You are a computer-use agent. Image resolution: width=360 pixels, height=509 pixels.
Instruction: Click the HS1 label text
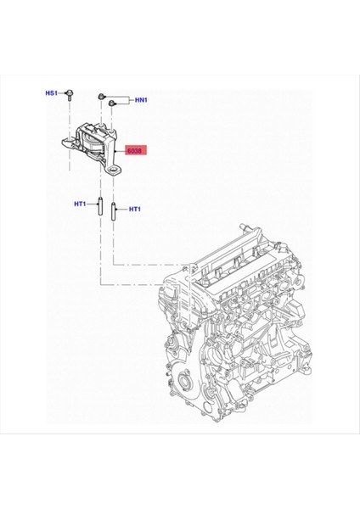(52, 92)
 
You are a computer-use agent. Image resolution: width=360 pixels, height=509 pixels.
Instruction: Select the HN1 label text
(141, 100)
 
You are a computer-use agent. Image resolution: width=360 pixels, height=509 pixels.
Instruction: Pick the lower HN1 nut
(111, 104)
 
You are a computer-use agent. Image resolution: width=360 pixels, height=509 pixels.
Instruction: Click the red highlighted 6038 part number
(134, 151)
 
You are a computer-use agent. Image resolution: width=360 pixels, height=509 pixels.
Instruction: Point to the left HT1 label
(82, 203)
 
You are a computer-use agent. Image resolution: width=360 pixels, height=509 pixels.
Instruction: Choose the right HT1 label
(133, 208)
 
